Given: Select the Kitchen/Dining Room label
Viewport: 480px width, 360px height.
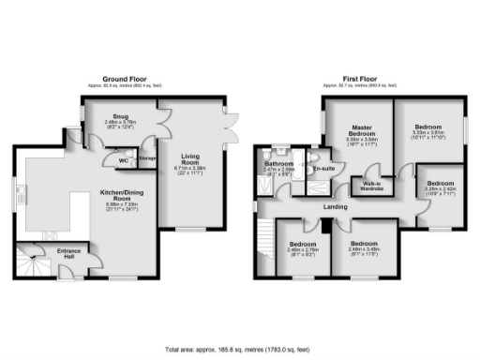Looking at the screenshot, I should pos(113,197).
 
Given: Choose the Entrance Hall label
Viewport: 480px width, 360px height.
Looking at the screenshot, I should pos(68,254).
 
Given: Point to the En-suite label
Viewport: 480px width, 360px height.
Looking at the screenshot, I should pos(324,168).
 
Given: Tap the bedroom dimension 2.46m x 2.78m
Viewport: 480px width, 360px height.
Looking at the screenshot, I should pos(303,250).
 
